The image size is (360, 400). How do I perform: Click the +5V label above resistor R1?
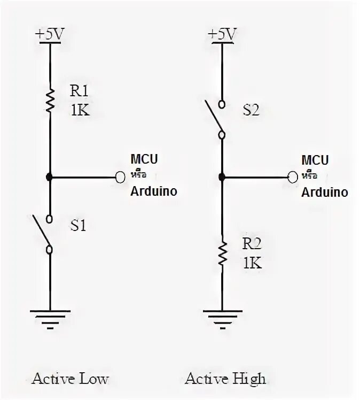tap(50, 34)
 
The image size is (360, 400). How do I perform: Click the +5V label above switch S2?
tap(222, 34)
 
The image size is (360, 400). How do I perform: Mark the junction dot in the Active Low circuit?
tap(50, 176)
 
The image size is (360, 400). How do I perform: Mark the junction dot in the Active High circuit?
tap(222, 176)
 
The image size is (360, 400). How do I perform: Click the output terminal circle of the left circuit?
tap(120, 176)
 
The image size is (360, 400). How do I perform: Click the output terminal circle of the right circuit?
tap(292, 176)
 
